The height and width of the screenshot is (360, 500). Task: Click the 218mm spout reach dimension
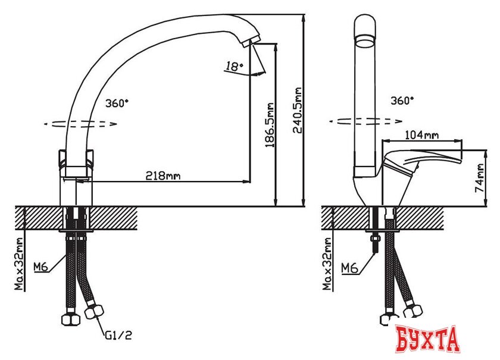click(x=163, y=176)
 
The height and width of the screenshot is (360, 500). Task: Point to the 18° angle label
click(x=235, y=67)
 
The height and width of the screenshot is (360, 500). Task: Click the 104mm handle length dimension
click(x=421, y=135)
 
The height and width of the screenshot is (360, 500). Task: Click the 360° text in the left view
click(x=117, y=103)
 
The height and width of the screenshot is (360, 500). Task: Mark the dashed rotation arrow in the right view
click(x=364, y=121)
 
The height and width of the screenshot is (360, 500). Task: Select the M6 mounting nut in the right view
click(x=375, y=240)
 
